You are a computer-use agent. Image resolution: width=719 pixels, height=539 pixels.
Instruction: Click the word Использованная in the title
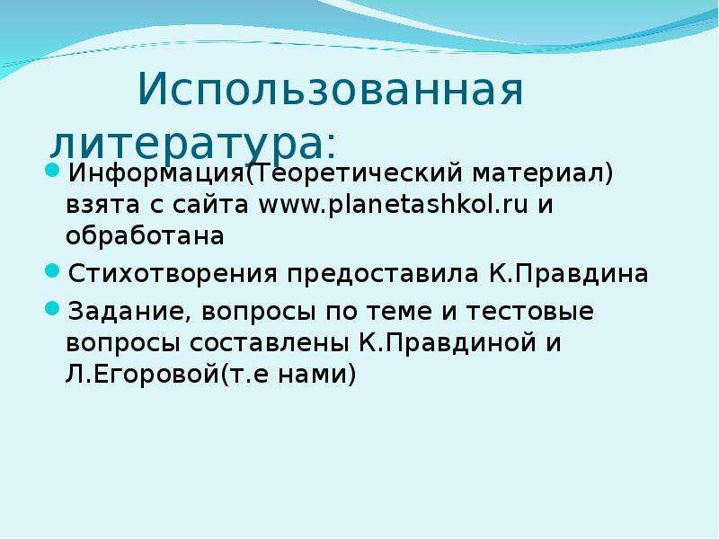[330, 88]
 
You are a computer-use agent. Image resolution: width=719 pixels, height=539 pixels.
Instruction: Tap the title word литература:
[193, 143]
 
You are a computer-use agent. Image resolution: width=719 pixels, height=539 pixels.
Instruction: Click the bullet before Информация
[53, 171]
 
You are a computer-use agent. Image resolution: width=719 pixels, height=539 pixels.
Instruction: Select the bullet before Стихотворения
[53, 270]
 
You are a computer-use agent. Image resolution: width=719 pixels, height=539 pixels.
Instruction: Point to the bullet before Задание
[53, 308]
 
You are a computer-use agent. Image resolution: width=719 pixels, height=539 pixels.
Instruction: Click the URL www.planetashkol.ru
[394, 205]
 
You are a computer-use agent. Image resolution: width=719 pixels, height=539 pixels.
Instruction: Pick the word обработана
[145, 236]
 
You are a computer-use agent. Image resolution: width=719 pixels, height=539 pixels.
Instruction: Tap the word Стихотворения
[173, 274]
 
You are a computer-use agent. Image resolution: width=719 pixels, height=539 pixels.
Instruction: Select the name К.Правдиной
[448, 343]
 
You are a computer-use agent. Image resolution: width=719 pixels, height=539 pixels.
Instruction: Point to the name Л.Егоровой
[143, 375]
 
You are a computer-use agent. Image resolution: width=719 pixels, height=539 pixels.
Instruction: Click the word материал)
[543, 173]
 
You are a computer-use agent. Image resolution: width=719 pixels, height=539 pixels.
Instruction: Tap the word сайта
[210, 205]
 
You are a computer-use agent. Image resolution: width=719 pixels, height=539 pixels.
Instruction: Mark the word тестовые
[530, 312]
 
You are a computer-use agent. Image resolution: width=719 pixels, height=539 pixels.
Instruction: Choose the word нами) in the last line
[317, 375]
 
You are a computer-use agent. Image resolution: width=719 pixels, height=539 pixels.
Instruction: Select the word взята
[102, 205]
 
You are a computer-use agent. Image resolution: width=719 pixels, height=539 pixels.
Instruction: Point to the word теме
[399, 312]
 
